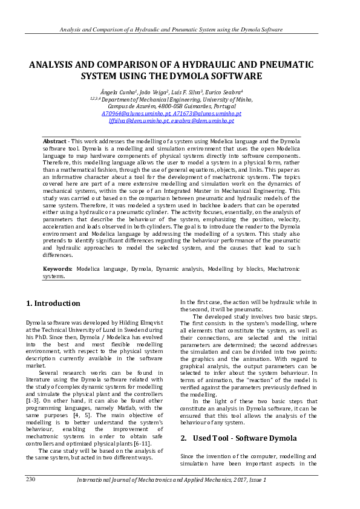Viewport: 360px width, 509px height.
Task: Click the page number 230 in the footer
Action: click(x=31, y=479)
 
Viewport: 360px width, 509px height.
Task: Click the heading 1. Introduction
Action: click(x=53, y=303)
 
